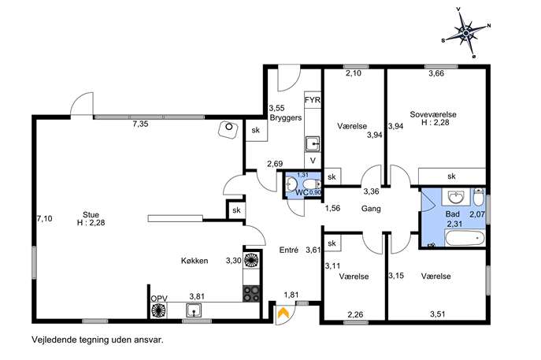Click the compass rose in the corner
tap(466, 32)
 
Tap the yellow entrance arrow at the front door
tap(283, 313)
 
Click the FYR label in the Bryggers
tap(313, 100)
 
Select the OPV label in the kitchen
tap(159, 299)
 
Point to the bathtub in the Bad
tap(465, 239)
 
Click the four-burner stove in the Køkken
tap(251, 294)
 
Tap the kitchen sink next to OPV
tap(194, 310)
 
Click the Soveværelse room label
tap(433, 114)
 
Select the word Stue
tap(91, 215)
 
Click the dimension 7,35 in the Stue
tap(140, 124)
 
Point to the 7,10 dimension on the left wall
tap(45, 218)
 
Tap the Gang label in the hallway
tap(371, 209)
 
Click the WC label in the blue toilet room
tap(302, 192)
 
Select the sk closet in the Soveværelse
tap(451, 176)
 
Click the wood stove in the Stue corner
tap(228, 129)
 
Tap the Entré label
tap(289, 250)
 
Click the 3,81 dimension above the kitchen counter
tap(197, 296)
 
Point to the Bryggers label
tap(286, 117)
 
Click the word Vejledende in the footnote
tap(54, 340)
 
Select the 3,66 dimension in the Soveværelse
tap(436, 73)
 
